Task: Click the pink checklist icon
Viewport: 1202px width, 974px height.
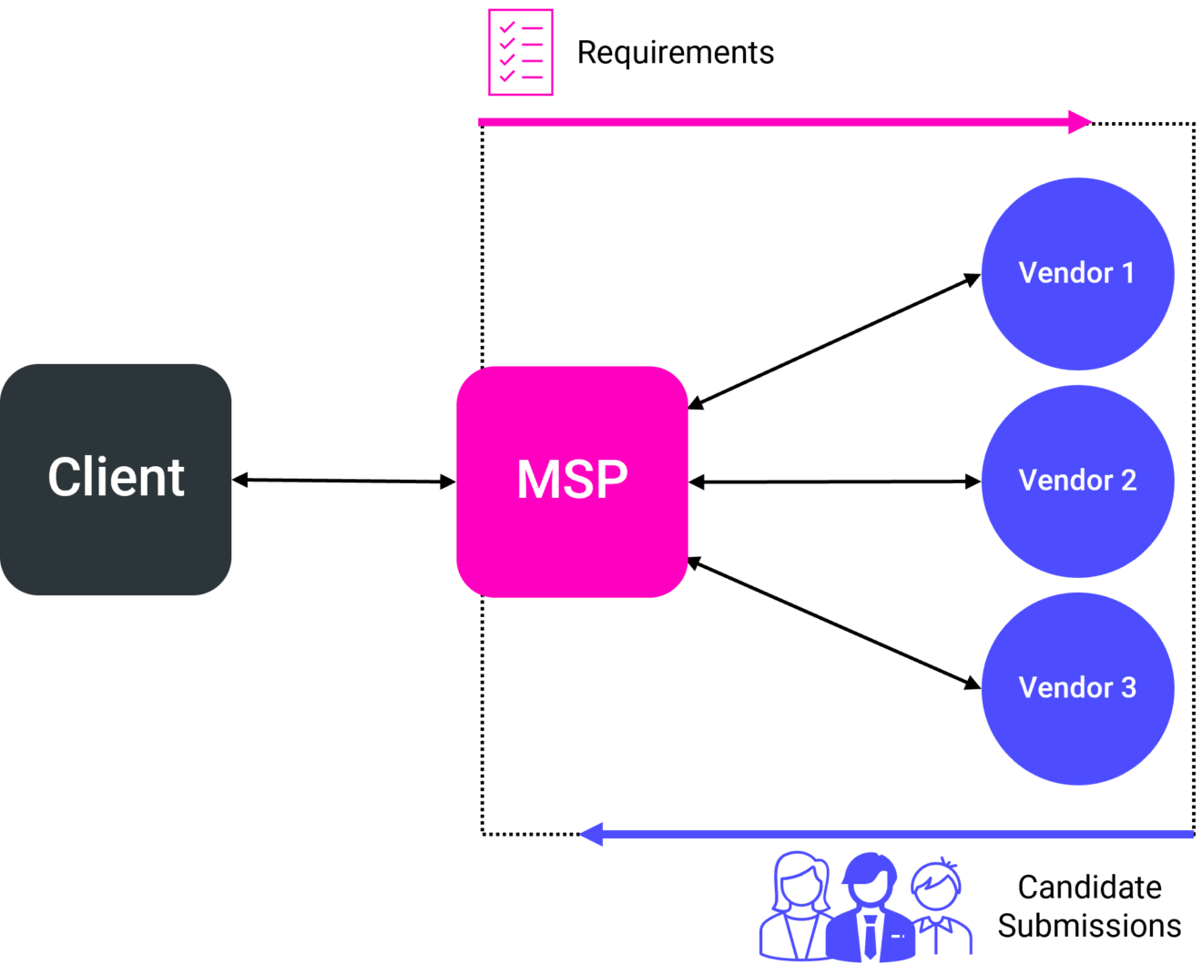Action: (521, 52)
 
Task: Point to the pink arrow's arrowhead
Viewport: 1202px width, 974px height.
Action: (1080, 121)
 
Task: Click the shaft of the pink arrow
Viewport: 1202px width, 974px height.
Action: (774, 121)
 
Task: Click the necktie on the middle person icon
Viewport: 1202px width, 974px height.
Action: (871, 938)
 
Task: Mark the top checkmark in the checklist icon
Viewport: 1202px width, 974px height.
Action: (507, 28)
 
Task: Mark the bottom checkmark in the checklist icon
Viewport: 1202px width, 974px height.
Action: (507, 76)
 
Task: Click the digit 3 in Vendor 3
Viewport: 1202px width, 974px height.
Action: (1128, 687)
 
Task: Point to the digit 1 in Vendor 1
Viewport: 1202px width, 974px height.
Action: (1128, 272)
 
